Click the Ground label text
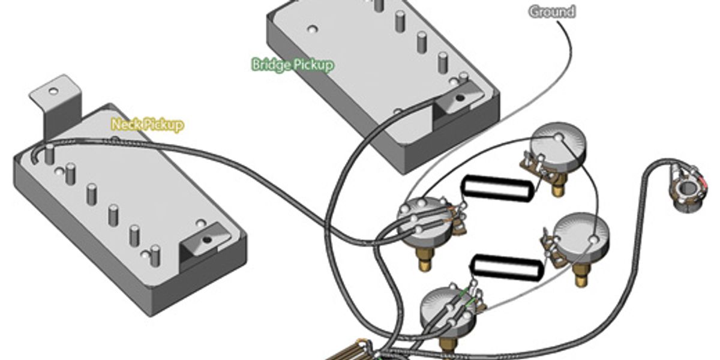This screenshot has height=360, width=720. click(x=551, y=12)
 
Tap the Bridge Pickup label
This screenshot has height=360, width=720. click(x=293, y=65)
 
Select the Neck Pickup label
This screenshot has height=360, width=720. click(x=148, y=124)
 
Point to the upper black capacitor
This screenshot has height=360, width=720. click(x=497, y=188)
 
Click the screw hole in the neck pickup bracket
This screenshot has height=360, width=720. click(x=53, y=91)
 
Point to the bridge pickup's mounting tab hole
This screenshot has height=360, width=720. click(x=460, y=97)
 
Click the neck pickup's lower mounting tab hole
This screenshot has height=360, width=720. click(x=207, y=239)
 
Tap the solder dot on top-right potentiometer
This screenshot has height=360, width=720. click(x=559, y=137)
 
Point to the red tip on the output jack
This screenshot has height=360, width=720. click(x=704, y=183)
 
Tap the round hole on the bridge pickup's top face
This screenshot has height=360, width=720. click(x=311, y=29)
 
